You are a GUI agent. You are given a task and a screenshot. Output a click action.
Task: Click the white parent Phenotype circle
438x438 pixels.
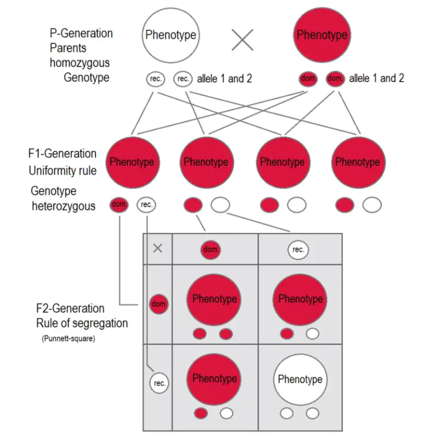coord(170,35)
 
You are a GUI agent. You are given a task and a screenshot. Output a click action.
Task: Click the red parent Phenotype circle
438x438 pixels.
coord(322,35)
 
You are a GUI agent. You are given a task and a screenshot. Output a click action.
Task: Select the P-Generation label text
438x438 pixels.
coord(81,33)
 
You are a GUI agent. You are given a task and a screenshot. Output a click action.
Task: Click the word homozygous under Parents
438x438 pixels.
coord(79,63)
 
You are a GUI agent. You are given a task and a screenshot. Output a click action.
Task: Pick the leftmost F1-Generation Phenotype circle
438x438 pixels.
coord(132,162)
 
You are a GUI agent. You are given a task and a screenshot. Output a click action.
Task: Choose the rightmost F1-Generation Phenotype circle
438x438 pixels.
coord(358,162)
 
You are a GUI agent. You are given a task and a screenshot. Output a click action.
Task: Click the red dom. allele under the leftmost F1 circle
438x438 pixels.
coord(119,204)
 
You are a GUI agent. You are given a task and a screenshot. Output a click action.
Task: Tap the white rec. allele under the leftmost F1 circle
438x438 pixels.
coord(147,204)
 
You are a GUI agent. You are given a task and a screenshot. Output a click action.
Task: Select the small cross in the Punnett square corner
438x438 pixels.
coord(158,248)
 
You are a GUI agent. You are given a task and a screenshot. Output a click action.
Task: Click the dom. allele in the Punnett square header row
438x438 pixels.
coord(210,249)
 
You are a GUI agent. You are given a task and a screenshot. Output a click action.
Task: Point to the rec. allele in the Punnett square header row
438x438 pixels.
coord(298,249)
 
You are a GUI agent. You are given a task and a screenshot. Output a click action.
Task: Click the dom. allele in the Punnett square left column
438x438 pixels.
coord(159,304)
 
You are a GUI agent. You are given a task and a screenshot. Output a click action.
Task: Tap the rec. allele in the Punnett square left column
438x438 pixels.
coord(160,383)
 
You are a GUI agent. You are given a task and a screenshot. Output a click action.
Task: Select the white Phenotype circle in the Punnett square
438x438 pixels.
coord(300,379)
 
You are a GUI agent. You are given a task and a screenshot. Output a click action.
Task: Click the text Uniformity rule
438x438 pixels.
coord(63,171)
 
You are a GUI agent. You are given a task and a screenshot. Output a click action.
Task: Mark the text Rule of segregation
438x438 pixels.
coord(82,323)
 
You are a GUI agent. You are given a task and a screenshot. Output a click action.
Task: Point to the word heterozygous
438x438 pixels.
coord(63,205)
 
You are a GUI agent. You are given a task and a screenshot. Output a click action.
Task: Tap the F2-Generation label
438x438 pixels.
coord(70,309)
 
